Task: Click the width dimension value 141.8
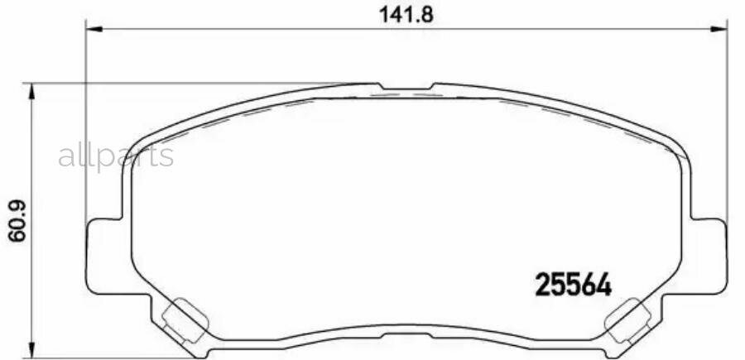[x=406, y=13]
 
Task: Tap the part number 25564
[x=574, y=286]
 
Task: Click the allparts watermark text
[x=115, y=156]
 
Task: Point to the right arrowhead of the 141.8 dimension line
[x=719, y=30]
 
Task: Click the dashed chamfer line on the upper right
[x=571, y=116]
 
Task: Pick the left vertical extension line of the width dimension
[x=86, y=124]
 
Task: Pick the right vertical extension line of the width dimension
[x=727, y=124]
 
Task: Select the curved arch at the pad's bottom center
[x=406, y=329]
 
